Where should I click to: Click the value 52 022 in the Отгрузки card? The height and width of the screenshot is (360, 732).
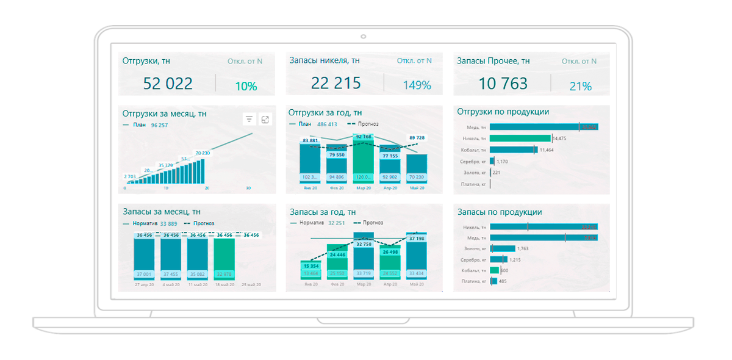[168, 84]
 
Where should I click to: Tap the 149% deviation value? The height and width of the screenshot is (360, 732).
[417, 85]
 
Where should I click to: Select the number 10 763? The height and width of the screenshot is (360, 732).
[503, 84]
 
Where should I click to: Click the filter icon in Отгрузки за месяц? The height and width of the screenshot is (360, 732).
[249, 120]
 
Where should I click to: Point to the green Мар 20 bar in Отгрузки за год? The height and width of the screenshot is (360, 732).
[363, 162]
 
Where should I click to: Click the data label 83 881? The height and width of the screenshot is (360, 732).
[310, 140]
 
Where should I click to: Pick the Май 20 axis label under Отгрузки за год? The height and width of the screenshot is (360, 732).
[417, 189]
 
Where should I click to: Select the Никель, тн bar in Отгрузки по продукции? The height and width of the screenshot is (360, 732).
[520, 139]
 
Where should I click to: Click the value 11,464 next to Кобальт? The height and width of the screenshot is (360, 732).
[547, 150]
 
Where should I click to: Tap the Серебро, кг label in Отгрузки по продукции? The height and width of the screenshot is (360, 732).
[473, 162]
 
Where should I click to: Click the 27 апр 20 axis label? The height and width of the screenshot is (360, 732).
[144, 284]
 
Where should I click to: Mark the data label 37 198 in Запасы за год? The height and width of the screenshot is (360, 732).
[417, 239]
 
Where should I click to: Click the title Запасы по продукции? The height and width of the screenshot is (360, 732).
[500, 212]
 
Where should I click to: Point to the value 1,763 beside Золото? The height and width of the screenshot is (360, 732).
[523, 248]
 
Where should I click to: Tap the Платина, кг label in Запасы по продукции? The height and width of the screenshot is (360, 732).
[473, 281]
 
